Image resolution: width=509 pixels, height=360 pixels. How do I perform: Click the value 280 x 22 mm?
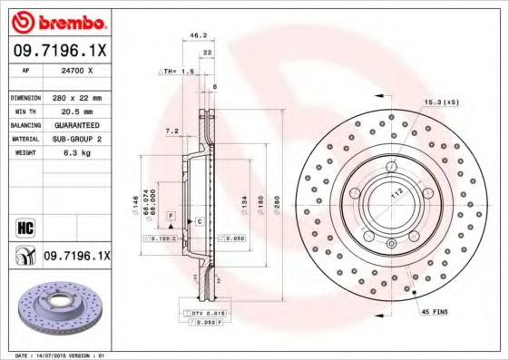[77, 96]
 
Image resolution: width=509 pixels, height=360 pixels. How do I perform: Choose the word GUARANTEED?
[77, 124]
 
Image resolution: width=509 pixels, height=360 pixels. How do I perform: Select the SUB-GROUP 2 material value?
[77, 139]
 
